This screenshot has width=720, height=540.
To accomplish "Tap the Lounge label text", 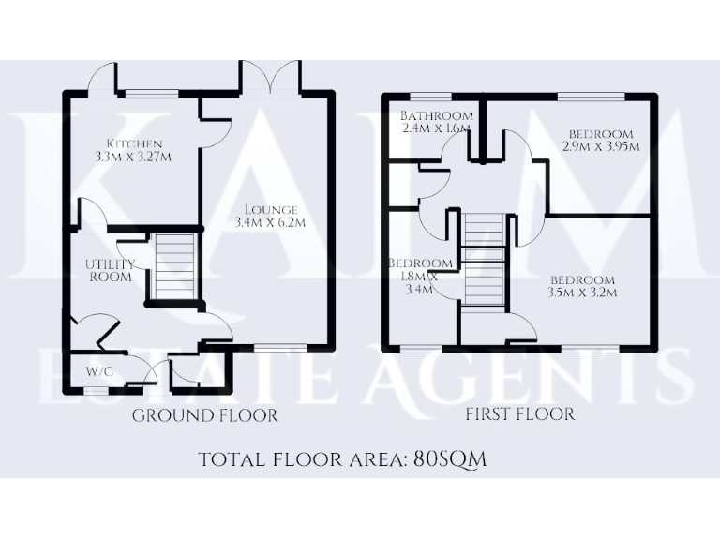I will pyautogui.click(x=272, y=209).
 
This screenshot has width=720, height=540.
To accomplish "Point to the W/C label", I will pyautogui.click(x=99, y=371).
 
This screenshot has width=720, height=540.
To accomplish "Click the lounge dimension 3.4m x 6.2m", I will pyautogui.click(x=272, y=222).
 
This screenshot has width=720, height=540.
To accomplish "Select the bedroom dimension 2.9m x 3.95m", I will pyautogui.click(x=601, y=147).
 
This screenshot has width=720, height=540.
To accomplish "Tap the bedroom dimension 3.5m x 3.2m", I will pyautogui.click(x=582, y=293).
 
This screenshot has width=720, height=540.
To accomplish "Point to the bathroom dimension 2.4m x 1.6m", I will pyautogui.click(x=434, y=128).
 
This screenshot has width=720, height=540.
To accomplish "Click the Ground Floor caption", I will pyautogui.click(x=205, y=415).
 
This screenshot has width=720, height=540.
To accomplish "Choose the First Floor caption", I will pyautogui.click(x=520, y=413).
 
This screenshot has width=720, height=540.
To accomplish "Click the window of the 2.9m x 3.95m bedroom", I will pyautogui.click(x=591, y=96).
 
